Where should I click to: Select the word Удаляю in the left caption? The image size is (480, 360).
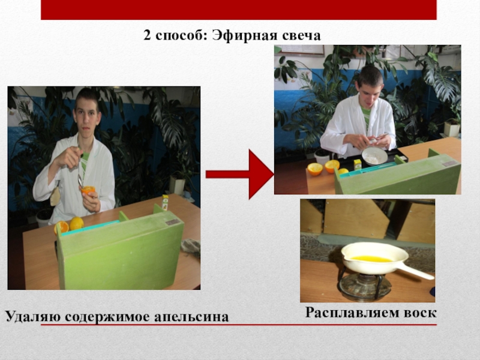pos(33,317)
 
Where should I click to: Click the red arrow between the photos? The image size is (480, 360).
pos(239,175)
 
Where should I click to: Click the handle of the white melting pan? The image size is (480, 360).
pos(415,271)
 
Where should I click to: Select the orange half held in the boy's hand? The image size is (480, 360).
pos(88,190)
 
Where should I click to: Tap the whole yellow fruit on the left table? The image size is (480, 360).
pos(77,224)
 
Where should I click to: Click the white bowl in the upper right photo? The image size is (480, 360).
pos(375,156)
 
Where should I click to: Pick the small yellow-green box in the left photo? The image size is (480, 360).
pos(166,202)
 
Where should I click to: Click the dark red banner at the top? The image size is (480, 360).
pos(239,10)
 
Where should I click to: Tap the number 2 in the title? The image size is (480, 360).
pos(147,36)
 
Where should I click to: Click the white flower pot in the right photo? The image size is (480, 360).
pos(452,129)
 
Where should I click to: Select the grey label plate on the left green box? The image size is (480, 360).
pos(173,222)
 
